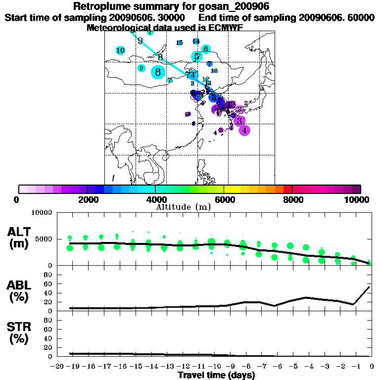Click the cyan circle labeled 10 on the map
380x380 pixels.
click(120, 50)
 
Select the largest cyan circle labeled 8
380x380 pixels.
click(158, 72)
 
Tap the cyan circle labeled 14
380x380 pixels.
click(196, 41)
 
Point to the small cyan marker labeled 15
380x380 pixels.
click(180, 43)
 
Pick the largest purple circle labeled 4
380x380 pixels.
click(244, 130)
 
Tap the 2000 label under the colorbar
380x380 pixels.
click(87, 199)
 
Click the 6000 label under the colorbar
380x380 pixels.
click(224, 199)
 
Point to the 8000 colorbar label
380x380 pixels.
click(292, 199)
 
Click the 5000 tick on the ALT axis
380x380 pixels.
click(45, 239)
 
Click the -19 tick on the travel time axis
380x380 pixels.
click(73, 367)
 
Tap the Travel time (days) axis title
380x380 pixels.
click(216, 376)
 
